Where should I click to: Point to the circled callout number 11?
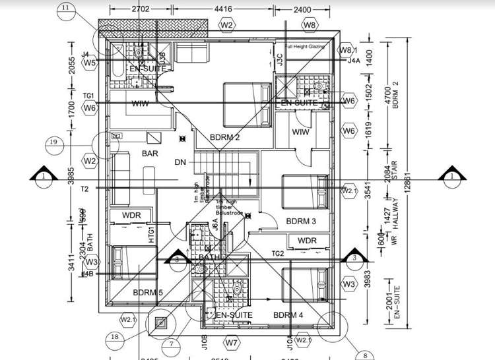pyautogui.click(x=66, y=8)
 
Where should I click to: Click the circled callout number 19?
pyautogui.click(x=55, y=142)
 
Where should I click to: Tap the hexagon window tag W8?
pyautogui.click(x=310, y=25)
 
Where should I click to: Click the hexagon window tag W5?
pyautogui.click(x=90, y=63)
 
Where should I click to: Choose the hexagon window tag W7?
pyautogui.click(x=230, y=343)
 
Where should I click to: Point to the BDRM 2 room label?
pyautogui.click(x=224, y=137)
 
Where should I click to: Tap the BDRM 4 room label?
pyautogui.click(x=288, y=315)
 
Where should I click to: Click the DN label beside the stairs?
pyautogui.click(x=180, y=162)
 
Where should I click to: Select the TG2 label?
pyautogui.click(x=278, y=253)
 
